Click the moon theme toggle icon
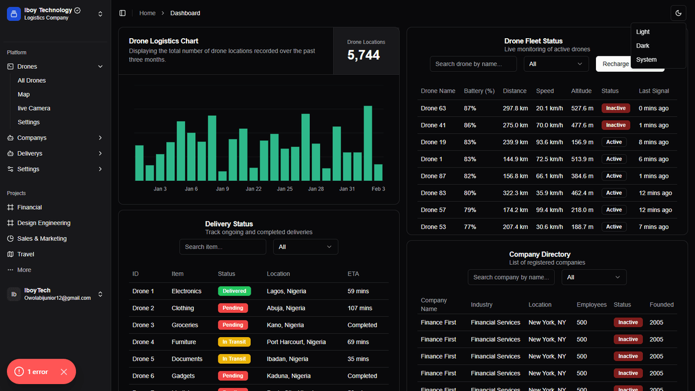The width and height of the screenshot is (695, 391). [x=678, y=13]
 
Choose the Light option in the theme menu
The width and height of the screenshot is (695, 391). [x=642, y=32]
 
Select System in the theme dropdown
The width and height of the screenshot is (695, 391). [x=646, y=60]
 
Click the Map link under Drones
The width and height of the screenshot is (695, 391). [x=24, y=94]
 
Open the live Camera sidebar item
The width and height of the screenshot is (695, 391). [x=34, y=108]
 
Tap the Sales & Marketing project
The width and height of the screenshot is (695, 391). [x=42, y=239]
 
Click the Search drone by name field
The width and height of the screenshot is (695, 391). [x=473, y=64]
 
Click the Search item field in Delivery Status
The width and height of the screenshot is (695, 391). [x=222, y=247]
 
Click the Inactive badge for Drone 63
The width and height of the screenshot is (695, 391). [x=616, y=108]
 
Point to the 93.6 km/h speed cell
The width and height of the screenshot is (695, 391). [x=549, y=142]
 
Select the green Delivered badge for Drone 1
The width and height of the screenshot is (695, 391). [x=234, y=291]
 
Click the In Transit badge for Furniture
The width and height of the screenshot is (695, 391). [x=234, y=342]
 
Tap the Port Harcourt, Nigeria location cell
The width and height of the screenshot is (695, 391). [x=296, y=342]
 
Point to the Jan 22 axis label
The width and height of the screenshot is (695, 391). [x=254, y=189]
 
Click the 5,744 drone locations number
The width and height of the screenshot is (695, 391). [x=363, y=55]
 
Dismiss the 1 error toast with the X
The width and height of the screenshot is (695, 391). [x=64, y=372]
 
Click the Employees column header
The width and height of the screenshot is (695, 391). [x=591, y=305]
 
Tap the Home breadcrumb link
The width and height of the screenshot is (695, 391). [x=147, y=13]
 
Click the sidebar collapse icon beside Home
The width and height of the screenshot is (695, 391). [x=123, y=13]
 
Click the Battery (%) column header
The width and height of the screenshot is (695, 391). [x=479, y=91]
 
